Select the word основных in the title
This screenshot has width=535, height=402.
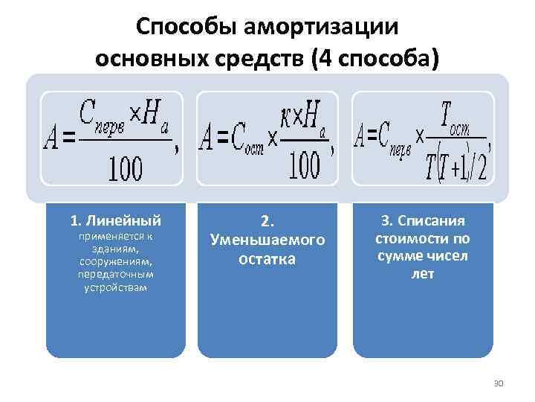[144, 58]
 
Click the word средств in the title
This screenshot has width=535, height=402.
[253, 58]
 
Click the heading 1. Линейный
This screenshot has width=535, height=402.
[115, 220]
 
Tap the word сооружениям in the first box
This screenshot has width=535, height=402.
[115, 262]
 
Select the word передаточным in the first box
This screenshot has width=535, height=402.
[115, 275]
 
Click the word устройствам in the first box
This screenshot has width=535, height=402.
[115, 287]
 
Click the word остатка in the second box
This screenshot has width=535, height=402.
[267, 259]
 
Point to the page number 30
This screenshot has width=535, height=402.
[498, 383]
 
